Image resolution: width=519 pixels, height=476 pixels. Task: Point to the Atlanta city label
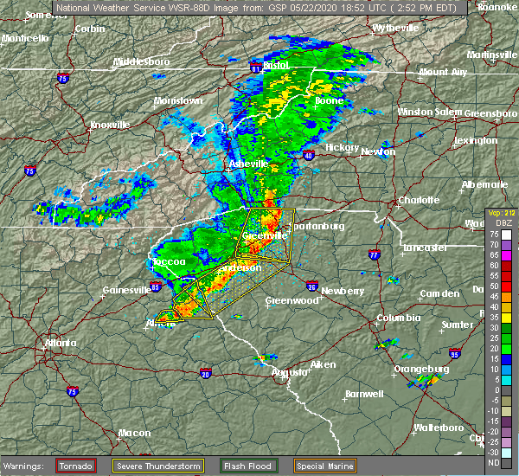pos(61,343)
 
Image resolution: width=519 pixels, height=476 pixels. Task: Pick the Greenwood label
pos(289,300)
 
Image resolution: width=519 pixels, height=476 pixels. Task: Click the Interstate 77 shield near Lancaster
pos(374,255)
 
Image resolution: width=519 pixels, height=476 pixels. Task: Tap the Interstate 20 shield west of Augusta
pos(206,374)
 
